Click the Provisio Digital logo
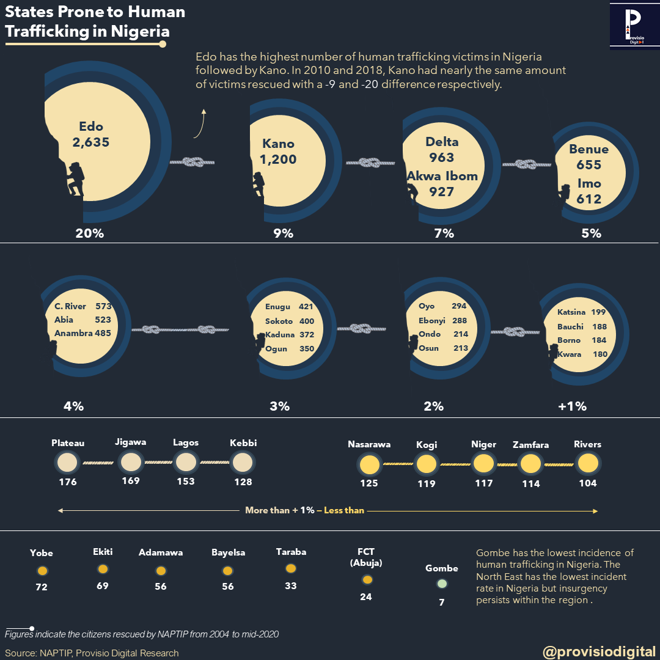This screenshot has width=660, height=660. click(x=632, y=25)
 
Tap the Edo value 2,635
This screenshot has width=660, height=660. click(x=90, y=142)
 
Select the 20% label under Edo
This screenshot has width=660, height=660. click(x=89, y=233)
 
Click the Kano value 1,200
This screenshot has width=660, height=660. click(x=278, y=159)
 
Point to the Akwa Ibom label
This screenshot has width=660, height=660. click(x=442, y=176)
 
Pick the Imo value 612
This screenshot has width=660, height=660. click(x=588, y=199)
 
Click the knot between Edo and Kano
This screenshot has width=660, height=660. click(x=194, y=162)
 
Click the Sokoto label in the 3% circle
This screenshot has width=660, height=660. click(x=279, y=321)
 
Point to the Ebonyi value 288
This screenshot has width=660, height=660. click(x=459, y=320)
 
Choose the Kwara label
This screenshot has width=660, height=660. click(x=569, y=354)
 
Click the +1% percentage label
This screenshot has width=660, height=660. click(x=572, y=406)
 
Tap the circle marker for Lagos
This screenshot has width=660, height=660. click(x=185, y=463)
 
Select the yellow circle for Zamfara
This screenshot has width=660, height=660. click(x=530, y=464)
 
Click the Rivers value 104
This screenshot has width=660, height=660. click(x=588, y=483)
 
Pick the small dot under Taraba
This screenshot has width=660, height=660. click(x=291, y=568)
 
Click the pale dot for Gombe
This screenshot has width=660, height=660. click(x=442, y=584)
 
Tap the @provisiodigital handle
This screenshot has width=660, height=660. click(x=599, y=651)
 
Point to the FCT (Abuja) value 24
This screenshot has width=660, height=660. click(x=365, y=597)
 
